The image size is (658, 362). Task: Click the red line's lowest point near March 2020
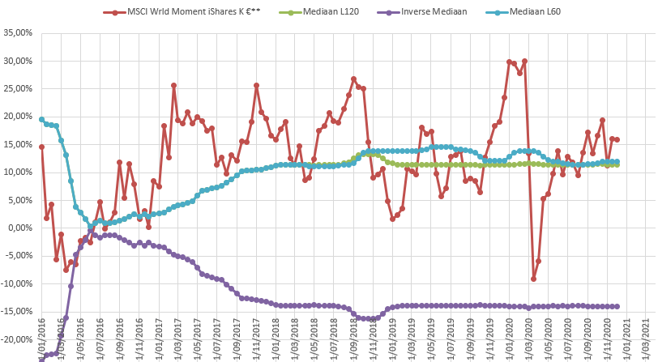[x=533, y=279]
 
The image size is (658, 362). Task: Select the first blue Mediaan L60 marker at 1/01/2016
[x=41, y=119]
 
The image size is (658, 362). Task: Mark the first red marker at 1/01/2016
[x=41, y=147]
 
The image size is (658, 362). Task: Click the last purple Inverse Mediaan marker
[x=617, y=306]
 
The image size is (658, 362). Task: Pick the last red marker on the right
[x=617, y=139]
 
